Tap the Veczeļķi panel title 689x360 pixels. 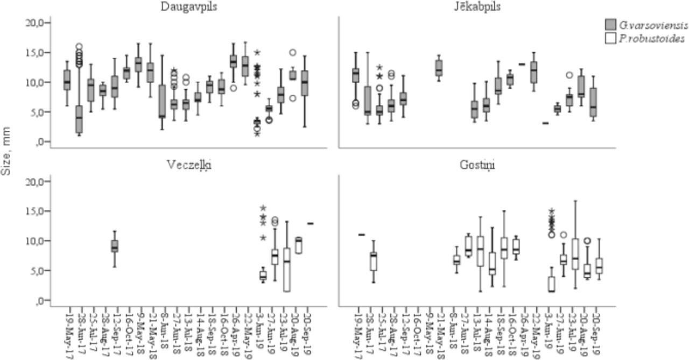189,164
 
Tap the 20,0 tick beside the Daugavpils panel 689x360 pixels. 39,23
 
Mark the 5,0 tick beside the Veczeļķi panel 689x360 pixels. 41,270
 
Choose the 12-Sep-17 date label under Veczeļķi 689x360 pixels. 115,333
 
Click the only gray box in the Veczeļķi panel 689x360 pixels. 115,246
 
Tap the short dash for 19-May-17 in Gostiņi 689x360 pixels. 361,235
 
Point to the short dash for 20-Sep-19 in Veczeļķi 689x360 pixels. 311,223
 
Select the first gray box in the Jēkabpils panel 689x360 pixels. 356,75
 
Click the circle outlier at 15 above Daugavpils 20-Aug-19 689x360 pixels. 293,52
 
